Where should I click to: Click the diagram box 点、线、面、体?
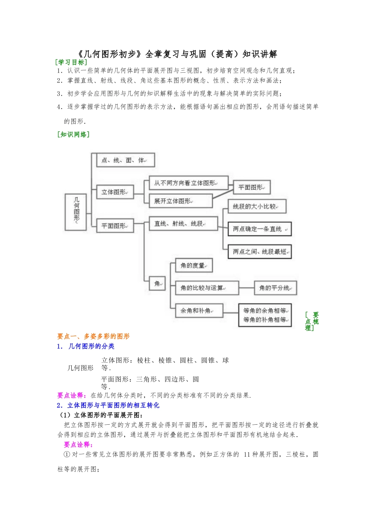125,160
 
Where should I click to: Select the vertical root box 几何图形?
76,212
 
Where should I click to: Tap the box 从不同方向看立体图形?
188,183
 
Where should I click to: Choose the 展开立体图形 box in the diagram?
180,201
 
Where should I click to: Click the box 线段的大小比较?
257,206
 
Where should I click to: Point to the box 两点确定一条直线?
260,229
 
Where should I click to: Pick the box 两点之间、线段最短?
260,252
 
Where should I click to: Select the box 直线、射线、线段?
183,224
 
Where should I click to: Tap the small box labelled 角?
158,283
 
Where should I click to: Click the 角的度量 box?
194,265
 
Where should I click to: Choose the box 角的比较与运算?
207,288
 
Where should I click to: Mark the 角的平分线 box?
275,288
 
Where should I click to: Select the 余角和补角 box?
199,311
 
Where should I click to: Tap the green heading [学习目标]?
71,62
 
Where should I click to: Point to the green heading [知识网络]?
74,134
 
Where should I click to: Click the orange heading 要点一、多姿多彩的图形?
93,336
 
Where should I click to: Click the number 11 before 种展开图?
247,454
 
